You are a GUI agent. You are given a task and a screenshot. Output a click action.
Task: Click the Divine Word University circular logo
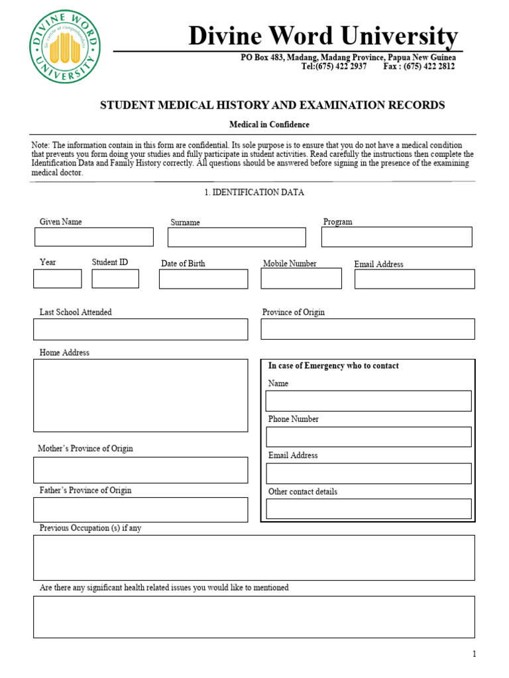click(x=65, y=50)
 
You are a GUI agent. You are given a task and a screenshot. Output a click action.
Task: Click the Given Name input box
click(x=93, y=237)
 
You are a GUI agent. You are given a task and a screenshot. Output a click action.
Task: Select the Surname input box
click(x=237, y=238)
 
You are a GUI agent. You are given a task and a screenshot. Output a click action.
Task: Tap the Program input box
click(x=396, y=237)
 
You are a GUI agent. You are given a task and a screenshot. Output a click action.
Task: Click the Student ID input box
click(x=115, y=279)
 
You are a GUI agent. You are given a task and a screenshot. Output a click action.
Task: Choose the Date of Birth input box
click(x=203, y=279)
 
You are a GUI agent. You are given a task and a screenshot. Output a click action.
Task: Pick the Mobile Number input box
click(x=301, y=279)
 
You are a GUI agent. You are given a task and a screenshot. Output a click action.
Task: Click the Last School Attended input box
click(x=141, y=330)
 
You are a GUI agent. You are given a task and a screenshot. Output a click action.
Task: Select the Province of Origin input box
click(x=368, y=329)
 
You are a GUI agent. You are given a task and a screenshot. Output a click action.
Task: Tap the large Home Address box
click(x=141, y=395)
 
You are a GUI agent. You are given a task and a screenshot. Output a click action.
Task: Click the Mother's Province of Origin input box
click(x=141, y=470)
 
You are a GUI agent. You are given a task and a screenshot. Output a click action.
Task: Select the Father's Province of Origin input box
click(x=141, y=510)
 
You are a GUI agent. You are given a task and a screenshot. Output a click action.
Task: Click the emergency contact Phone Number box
click(x=368, y=437)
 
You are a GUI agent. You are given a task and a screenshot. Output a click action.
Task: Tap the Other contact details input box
click(x=368, y=508)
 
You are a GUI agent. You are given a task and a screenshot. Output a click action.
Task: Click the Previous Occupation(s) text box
click(x=254, y=557)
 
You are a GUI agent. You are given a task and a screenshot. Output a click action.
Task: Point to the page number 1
click(x=474, y=654)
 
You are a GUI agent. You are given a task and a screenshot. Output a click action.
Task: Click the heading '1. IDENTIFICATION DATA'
click(x=254, y=193)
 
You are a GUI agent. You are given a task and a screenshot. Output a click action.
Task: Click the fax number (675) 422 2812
click(x=429, y=67)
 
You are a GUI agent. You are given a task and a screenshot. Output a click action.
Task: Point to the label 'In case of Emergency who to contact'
click(x=333, y=366)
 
